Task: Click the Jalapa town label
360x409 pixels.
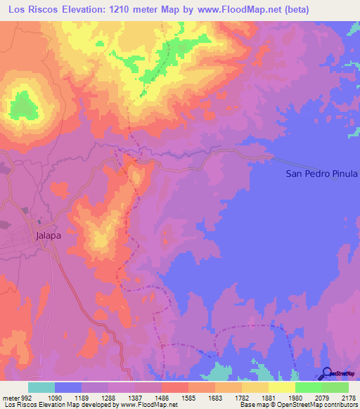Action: click(49, 236)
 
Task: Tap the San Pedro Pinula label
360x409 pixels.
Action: click(321, 173)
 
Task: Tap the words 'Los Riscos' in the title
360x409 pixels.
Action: click(37, 9)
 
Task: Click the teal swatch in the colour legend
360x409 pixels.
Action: click(41, 387)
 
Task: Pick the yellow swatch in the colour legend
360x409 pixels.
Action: click(281, 387)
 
